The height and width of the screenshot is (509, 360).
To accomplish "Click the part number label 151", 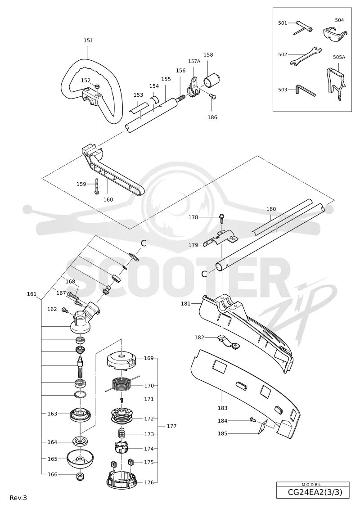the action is point(88,41).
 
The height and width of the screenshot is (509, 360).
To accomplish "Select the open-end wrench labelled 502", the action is point(305,56).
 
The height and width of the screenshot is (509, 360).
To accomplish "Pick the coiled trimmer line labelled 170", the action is point(121,385).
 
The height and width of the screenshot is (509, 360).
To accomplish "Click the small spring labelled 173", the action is point(121,433).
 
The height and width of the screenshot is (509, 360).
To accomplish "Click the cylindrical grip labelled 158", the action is point(211,80).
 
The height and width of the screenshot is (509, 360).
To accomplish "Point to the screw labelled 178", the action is point(222,218).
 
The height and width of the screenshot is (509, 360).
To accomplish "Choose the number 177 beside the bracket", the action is point(171,426).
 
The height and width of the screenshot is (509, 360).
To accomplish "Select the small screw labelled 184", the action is point(253,420).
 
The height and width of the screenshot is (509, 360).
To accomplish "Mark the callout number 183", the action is point(222,408).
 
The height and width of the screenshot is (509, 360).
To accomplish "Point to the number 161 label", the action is point(31,294).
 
